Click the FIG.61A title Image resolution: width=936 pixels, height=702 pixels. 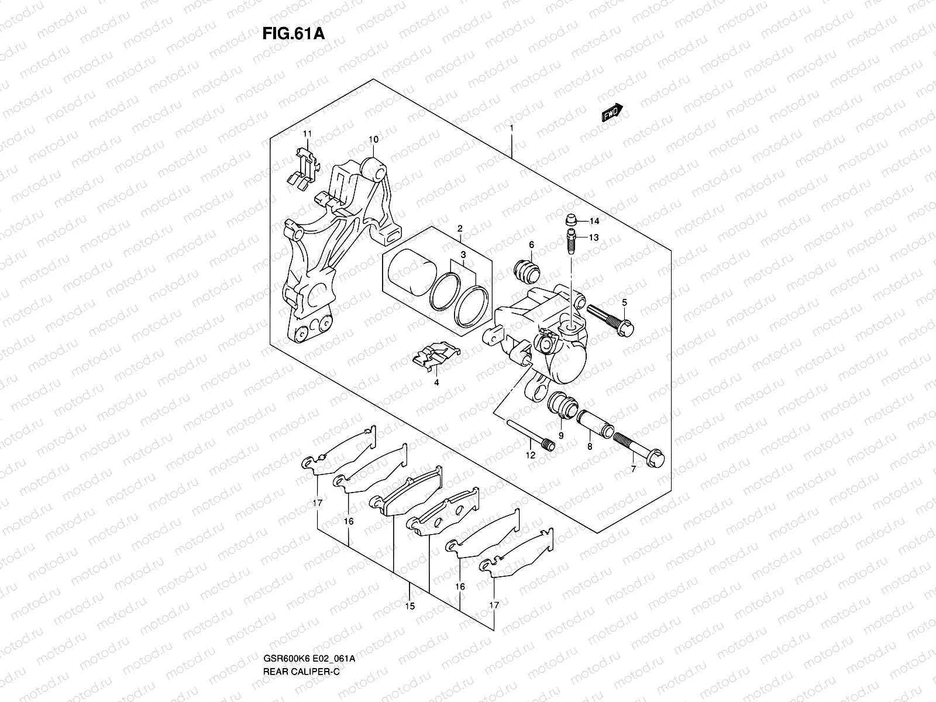click(292, 32)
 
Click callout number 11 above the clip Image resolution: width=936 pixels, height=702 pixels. click(308, 134)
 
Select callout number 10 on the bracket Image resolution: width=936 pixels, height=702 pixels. click(373, 139)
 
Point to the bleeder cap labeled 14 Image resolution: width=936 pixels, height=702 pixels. click(571, 221)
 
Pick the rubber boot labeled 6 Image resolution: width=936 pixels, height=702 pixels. click(526, 269)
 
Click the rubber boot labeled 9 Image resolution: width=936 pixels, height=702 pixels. click(562, 404)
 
